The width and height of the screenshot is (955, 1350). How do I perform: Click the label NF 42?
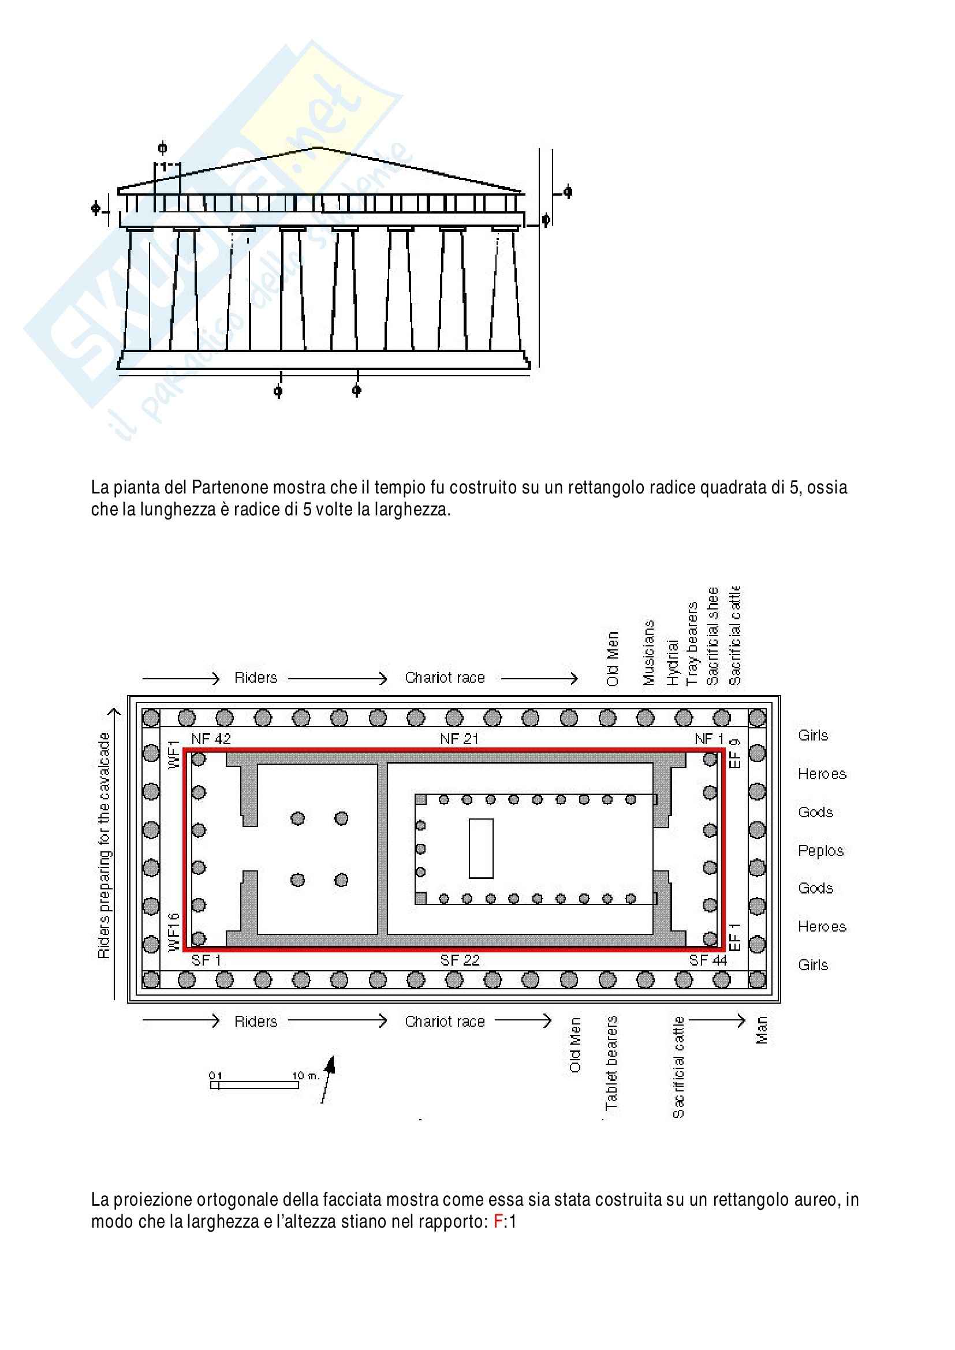click(x=211, y=739)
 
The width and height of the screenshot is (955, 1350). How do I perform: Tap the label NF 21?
click(x=458, y=739)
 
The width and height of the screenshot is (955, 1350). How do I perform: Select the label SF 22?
click(x=460, y=960)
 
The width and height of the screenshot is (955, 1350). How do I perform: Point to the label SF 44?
click(x=708, y=960)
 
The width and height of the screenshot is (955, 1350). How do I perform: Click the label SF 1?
click(x=206, y=960)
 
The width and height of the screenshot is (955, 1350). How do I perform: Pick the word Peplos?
click(x=820, y=851)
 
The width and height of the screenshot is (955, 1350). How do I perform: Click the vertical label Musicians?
click(x=648, y=653)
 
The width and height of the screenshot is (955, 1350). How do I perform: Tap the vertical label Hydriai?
click(x=673, y=663)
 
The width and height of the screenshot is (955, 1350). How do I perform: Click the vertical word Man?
click(x=762, y=1030)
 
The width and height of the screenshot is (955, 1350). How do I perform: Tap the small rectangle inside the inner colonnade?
click(x=480, y=848)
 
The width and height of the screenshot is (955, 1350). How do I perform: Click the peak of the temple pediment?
click(x=318, y=148)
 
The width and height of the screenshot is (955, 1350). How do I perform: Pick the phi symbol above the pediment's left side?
click(x=163, y=148)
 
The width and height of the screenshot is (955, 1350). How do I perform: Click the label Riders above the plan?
click(x=256, y=678)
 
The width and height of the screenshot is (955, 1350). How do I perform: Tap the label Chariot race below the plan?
click(x=445, y=1022)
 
